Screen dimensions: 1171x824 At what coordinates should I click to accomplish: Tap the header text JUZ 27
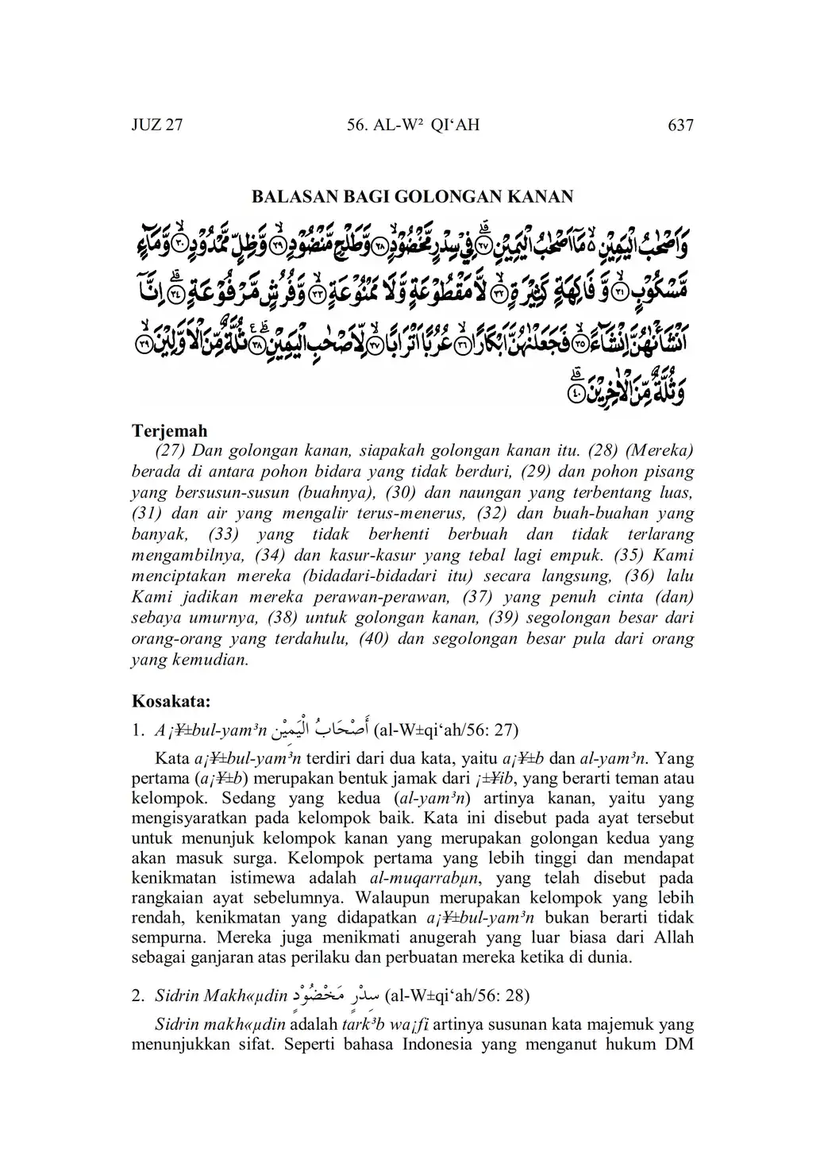[x=157, y=125]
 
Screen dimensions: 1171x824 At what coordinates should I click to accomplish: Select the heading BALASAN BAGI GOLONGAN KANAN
[x=412, y=196]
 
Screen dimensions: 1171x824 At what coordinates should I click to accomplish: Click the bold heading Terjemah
[x=169, y=431]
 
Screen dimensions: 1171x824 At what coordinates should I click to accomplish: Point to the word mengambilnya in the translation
[x=181, y=555]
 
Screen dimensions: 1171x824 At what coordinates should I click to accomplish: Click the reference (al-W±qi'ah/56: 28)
[x=457, y=995]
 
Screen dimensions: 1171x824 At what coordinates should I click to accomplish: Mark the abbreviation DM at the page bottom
[x=679, y=1042]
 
